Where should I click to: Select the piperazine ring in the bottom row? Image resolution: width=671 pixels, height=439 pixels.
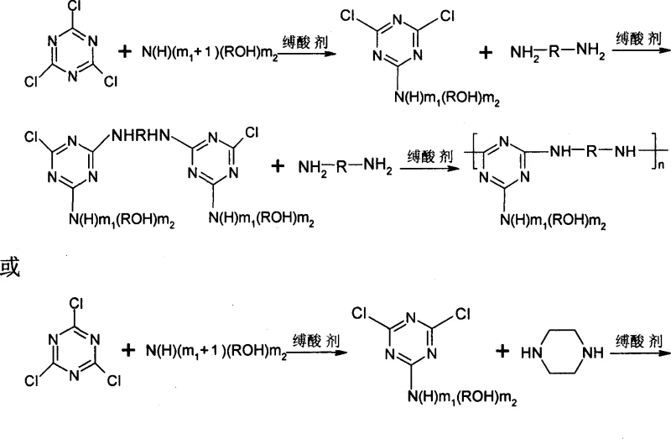coord(570,353)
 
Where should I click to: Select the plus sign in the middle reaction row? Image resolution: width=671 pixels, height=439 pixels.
coord(278,167)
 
